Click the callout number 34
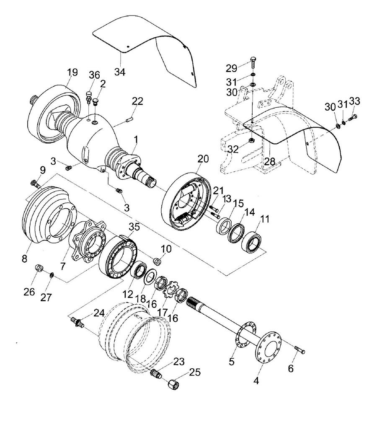120,72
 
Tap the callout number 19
72,72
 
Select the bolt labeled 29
253,63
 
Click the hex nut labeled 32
251,140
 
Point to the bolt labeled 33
353,118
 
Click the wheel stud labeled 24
77,322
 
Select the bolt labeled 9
35,183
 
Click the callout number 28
270,161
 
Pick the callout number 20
203,159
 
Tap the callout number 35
134,227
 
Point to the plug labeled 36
88,97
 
